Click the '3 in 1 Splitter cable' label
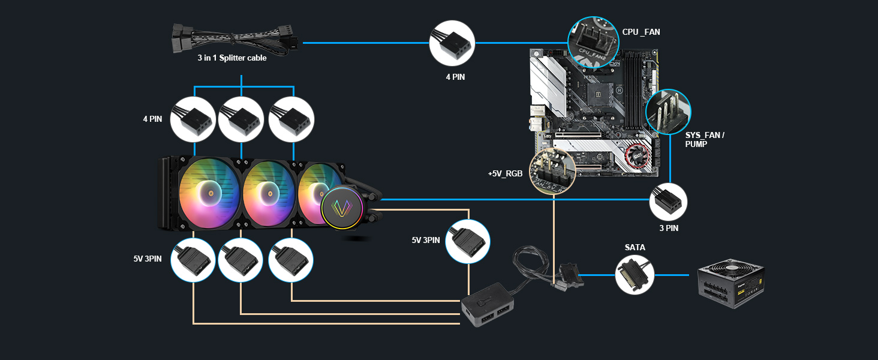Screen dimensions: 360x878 tap(232, 58)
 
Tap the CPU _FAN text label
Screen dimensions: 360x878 tap(641, 31)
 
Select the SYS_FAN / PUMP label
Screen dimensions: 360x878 tap(705, 140)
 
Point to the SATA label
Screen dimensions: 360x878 tap(635, 247)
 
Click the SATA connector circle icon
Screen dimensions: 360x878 tap(635, 275)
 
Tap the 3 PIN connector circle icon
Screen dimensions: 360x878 tap(668, 201)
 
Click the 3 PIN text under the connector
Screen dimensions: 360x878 tap(668, 228)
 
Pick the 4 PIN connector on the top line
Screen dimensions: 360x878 tap(452, 43)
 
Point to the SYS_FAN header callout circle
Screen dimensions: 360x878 tap(667, 112)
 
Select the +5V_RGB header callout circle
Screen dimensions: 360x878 tap(553, 171)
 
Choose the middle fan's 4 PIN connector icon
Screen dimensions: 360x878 tap(241, 119)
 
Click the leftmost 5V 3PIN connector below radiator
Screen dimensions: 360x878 tap(193, 260)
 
